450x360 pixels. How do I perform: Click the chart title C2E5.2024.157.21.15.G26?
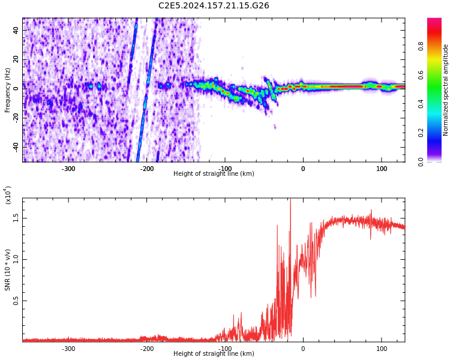214,5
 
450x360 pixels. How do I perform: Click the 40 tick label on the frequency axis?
16,30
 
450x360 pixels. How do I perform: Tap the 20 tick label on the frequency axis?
16,59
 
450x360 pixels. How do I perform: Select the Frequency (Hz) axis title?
7,90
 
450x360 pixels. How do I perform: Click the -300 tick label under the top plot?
68,169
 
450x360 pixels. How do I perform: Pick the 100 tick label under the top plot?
382,169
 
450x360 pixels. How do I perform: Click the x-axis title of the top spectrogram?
214,174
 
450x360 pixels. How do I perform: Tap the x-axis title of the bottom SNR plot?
214,354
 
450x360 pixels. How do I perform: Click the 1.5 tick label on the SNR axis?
16,218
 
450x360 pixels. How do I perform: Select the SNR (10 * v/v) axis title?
7,270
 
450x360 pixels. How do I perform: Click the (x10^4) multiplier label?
8,195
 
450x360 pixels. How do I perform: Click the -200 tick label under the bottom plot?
147,349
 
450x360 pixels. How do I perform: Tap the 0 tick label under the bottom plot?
303,349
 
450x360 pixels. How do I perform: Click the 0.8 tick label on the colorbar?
421,46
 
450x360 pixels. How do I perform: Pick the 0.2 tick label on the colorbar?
421,133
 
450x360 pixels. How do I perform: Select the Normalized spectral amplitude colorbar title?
446,90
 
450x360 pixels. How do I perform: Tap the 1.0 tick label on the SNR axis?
16,259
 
